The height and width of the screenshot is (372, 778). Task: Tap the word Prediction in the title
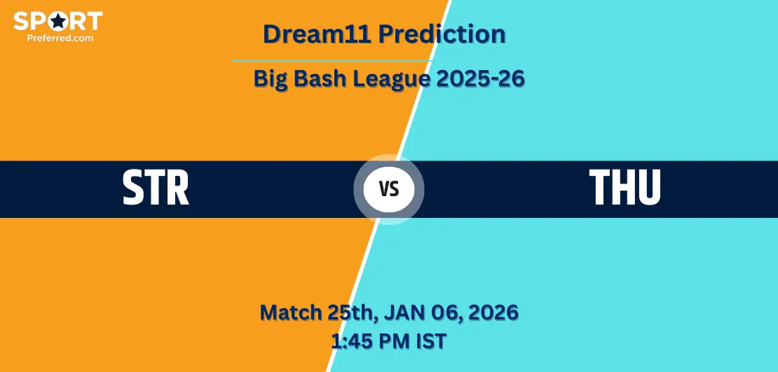(x=442, y=34)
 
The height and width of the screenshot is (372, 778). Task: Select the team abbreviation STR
(x=156, y=188)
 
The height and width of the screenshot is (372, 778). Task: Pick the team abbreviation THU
(x=625, y=188)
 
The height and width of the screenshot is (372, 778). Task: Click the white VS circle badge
(x=389, y=189)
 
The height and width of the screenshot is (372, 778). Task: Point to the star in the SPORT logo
(x=59, y=21)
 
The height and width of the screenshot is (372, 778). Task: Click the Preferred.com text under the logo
(x=60, y=37)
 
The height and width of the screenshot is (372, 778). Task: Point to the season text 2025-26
(x=481, y=78)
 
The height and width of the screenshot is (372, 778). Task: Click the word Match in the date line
(x=290, y=312)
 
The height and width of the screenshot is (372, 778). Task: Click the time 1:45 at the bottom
(x=349, y=341)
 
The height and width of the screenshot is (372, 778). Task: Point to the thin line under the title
(x=332, y=61)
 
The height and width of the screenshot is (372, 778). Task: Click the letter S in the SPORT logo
(x=20, y=21)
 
